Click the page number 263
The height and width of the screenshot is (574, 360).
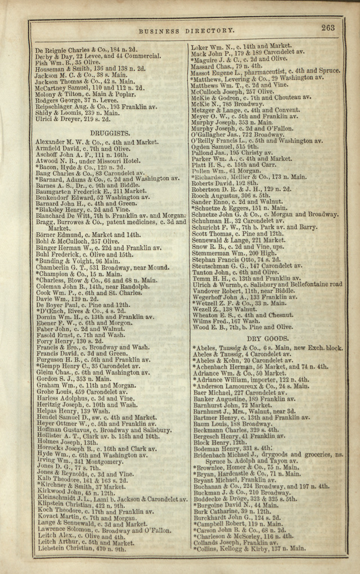pyautogui.click(x=328, y=28)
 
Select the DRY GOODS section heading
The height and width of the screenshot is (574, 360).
pyautogui.click(x=268, y=339)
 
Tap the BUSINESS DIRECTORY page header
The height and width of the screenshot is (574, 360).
pyautogui.click(x=187, y=31)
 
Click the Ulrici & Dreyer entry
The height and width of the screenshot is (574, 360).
pyautogui.click(x=73, y=119)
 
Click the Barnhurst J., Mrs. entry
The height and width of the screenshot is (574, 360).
pyautogui.click(x=240, y=411)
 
